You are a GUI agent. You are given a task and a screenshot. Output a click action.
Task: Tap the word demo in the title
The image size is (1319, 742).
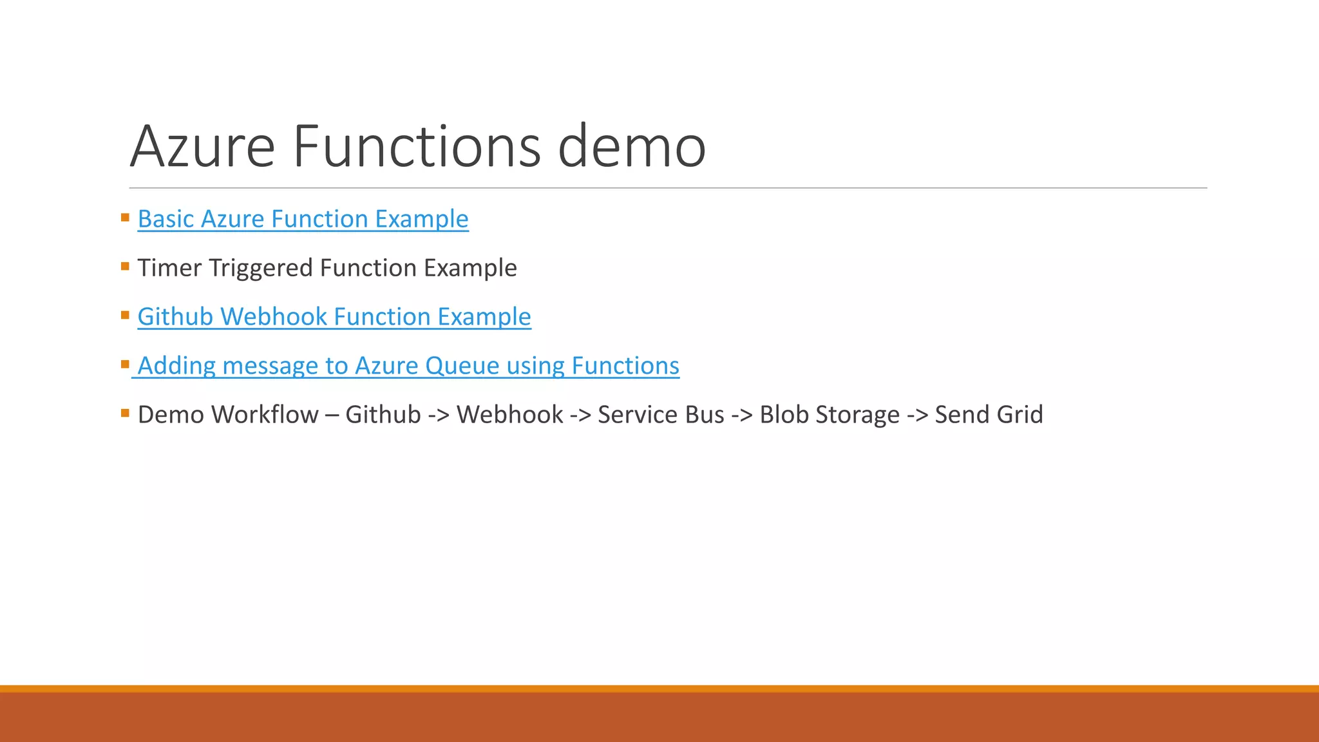point(632,147)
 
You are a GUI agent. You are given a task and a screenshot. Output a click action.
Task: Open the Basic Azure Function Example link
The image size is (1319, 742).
point(303,219)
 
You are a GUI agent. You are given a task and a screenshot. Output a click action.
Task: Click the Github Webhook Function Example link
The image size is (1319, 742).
point(334,317)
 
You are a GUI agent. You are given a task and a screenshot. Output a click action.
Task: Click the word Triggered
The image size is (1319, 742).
point(261,268)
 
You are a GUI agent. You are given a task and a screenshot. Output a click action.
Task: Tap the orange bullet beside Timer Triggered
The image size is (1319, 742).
point(125,265)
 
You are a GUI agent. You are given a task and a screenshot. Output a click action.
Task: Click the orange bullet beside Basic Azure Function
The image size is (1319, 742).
point(125,217)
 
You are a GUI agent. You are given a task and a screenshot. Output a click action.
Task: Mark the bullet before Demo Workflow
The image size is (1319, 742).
point(125,412)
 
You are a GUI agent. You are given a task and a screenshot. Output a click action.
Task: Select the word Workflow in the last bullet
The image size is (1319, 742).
point(265,415)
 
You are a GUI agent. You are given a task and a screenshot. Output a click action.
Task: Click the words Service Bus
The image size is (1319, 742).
point(661,415)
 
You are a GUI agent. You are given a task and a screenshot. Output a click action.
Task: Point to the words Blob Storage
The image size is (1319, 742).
point(830,415)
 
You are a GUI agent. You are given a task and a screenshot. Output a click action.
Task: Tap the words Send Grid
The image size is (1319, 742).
point(989,415)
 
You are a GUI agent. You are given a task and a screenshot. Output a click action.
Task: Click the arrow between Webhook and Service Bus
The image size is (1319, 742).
point(580,415)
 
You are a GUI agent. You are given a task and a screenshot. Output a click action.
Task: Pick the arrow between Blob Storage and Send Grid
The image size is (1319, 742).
point(917,415)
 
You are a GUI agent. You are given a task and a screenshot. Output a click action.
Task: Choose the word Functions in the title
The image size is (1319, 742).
point(417,147)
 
